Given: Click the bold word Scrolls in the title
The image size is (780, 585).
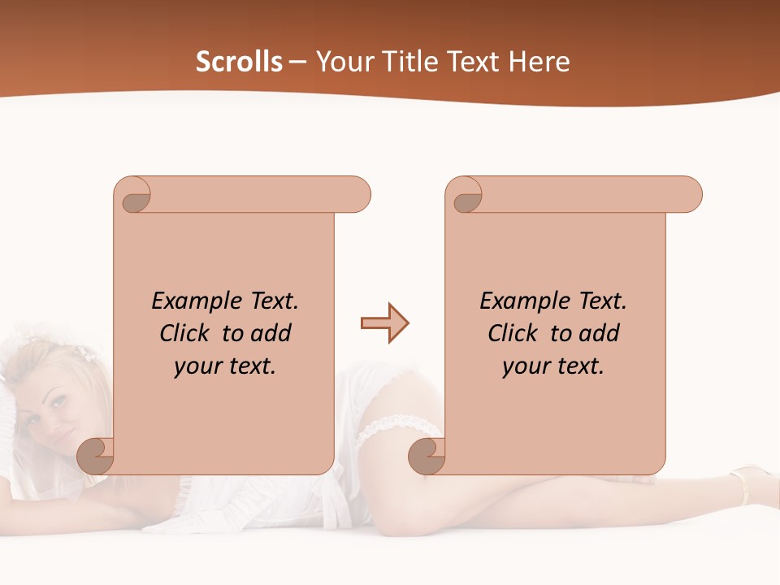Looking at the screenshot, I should [x=239, y=62].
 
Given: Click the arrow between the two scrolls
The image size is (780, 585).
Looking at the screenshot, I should [x=384, y=323].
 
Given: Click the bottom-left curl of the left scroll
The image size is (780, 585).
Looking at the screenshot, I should [x=96, y=456].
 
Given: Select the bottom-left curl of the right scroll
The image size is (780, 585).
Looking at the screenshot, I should [x=427, y=456].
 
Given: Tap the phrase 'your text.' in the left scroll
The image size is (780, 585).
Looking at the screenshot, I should [x=225, y=366].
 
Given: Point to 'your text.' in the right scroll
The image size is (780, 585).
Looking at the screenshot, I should [x=553, y=366].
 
